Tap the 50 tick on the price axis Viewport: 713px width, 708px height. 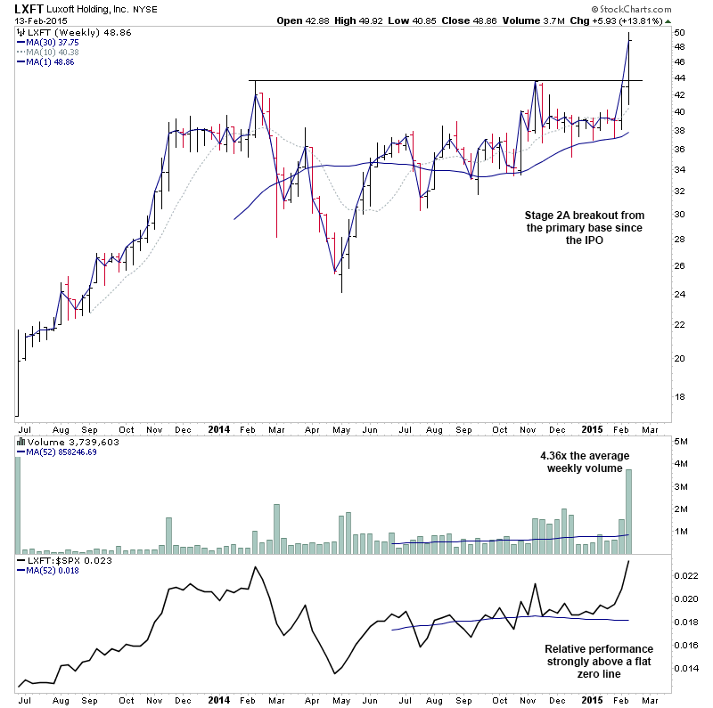679,32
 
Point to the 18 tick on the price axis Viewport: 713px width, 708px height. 679,396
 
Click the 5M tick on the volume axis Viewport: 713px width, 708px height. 681,441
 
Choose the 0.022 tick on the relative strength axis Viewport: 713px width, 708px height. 684,576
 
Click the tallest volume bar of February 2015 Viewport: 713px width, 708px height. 628,512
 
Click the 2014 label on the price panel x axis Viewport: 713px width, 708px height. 219,427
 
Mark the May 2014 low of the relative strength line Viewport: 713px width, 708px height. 334,673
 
